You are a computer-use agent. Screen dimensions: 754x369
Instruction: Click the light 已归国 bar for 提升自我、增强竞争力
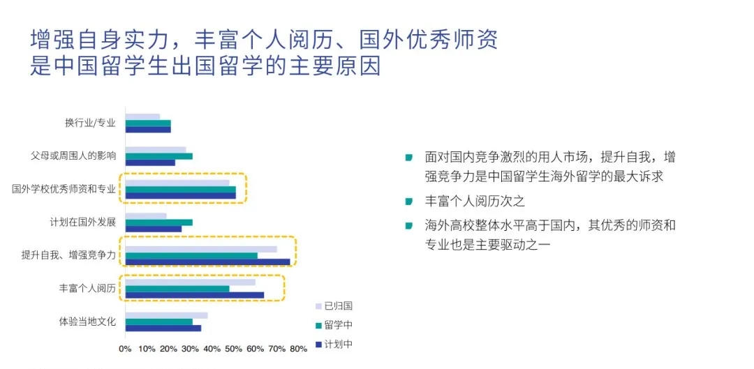click(201, 249)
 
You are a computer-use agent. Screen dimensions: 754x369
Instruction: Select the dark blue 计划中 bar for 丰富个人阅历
click(195, 295)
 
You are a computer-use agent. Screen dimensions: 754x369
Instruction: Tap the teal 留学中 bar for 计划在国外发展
click(159, 223)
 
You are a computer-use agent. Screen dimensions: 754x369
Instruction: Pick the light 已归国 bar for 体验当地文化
click(166, 316)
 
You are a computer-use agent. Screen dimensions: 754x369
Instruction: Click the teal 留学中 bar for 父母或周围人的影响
click(159, 156)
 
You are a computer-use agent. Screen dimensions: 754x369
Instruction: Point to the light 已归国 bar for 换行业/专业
click(143, 116)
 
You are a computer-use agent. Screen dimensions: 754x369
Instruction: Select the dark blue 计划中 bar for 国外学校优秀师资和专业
click(181, 195)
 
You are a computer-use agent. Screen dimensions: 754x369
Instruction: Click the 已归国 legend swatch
click(318, 306)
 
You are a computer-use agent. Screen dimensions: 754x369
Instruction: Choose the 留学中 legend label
click(339, 325)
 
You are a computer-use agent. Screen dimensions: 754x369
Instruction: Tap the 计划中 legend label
click(339, 345)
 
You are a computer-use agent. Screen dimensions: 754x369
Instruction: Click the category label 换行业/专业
click(90, 123)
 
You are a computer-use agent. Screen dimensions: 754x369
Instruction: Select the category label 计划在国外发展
click(82, 223)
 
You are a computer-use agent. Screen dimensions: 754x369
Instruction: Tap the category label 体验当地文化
click(87, 322)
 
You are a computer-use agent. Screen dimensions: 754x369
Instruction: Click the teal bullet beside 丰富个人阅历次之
click(409, 200)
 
